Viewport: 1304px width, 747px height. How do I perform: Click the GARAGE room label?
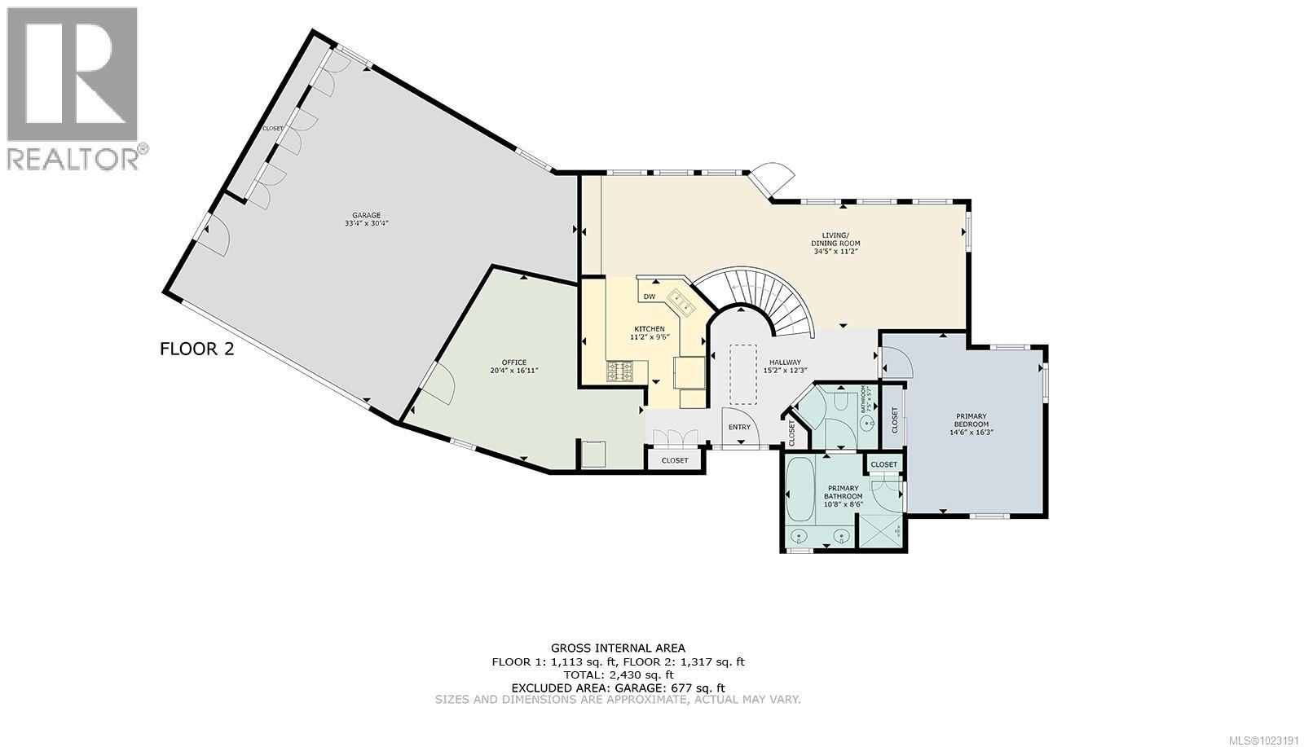click(x=366, y=216)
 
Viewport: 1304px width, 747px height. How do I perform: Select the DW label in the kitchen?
click(x=649, y=297)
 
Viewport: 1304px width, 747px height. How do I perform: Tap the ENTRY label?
click(x=739, y=427)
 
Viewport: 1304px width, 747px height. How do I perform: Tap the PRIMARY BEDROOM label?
click(x=971, y=420)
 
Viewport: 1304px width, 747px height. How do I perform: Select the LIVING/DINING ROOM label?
click(x=835, y=239)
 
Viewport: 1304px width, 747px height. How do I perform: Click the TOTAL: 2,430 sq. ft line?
click(x=618, y=674)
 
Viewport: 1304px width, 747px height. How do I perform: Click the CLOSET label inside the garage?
click(x=272, y=129)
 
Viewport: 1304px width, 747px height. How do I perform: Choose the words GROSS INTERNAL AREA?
click(x=618, y=648)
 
